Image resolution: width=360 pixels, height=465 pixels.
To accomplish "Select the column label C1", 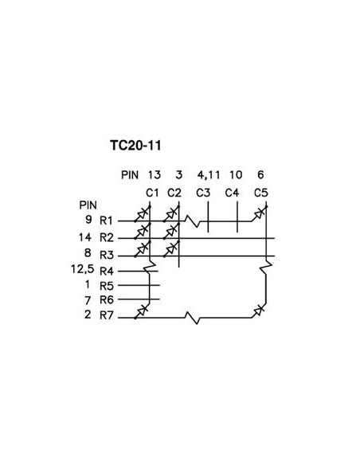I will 153,192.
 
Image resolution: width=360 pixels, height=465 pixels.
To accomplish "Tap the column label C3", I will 202,192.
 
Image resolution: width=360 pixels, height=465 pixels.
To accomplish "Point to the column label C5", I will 260,192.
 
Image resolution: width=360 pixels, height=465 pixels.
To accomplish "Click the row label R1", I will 108,221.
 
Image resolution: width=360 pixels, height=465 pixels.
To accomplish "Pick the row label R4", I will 108,270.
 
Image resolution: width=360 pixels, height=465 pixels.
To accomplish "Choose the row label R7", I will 108,315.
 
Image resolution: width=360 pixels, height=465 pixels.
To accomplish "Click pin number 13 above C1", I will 155,174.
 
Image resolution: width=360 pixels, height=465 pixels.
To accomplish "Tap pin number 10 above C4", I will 236,174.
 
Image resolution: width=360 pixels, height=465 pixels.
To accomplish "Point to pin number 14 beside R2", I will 86,237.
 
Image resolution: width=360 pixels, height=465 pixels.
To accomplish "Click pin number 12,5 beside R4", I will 82,270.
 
